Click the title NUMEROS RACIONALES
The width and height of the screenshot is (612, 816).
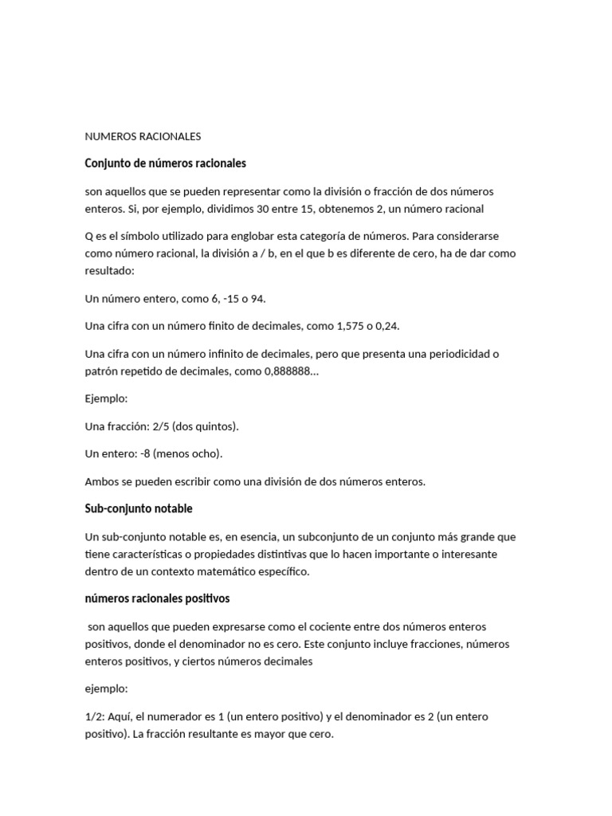tap(143, 136)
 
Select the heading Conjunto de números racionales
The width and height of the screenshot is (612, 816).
tap(165, 163)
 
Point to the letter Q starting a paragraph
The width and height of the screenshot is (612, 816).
tap(89, 237)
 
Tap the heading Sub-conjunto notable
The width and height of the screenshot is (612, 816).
tap(139, 508)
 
